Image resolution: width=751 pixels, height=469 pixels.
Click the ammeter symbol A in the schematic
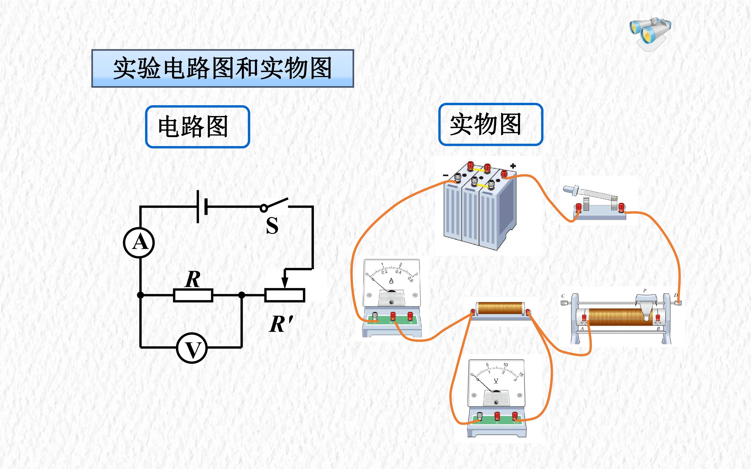(139, 243)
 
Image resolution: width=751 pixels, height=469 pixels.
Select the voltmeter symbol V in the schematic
(192, 348)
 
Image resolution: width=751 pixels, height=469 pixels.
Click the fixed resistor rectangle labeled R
(193, 295)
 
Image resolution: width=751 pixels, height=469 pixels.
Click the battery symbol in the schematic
(202, 206)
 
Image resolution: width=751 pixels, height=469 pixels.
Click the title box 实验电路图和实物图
(222, 68)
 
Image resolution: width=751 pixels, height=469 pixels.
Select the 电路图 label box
(197, 127)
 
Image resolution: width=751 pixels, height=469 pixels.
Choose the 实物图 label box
(491, 124)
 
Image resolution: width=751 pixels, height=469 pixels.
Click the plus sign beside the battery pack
(513, 166)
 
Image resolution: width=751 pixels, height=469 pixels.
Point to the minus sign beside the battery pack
(446, 176)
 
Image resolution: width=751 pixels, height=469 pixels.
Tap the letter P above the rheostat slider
(645, 291)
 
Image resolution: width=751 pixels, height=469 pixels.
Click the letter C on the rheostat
(563, 296)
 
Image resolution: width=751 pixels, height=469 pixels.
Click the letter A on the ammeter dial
(391, 281)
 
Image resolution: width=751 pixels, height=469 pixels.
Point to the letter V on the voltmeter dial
(496, 381)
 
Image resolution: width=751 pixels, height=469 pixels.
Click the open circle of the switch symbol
(264, 208)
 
